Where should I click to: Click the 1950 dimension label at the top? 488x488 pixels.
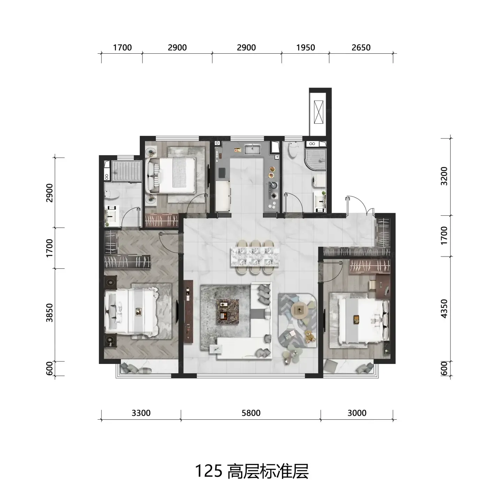pyautogui.click(x=306, y=48)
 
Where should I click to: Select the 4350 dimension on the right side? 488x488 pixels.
pyautogui.click(x=444, y=309)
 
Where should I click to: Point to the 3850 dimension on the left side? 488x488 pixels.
pyautogui.click(x=49, y=313)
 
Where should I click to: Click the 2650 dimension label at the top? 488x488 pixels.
pyautogui.click(x=361, y=48)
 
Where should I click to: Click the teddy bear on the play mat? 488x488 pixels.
pyautogui.click(x=310, y=337)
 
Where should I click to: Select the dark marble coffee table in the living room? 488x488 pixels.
pyautogui.click(x=228, y=312)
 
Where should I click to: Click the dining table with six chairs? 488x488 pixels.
pyautogui.click(x=255, y=257)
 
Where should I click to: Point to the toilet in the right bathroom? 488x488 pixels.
pyautogui.click(x=293, y=150)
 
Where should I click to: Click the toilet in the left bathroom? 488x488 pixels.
pyautogui.click(x=112, y=194)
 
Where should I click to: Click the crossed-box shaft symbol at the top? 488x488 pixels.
pyautogui.click(x=319, y=112)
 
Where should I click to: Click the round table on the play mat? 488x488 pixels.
pyautogui.click(x=299, y=309)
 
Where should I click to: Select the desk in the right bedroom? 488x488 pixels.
pyautogui.click(x=383, y=287)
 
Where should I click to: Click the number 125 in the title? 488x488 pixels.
pyautogui.click(x=208, y=471)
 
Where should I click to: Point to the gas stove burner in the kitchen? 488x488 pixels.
pyautogui.click(x=274, y=196)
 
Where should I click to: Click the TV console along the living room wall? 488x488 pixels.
pyautogui.click(x=189, y=311)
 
